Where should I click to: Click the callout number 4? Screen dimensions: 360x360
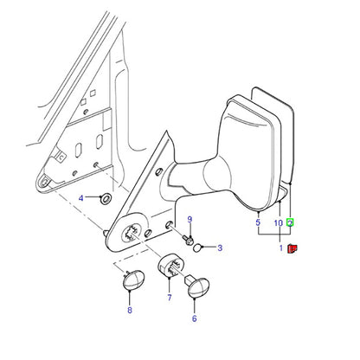[81, 198]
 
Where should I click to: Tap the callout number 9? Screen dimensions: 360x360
[190, 220]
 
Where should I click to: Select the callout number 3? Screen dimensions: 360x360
[220, 247]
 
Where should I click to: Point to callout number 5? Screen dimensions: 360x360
[258, 222]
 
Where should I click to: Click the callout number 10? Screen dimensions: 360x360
[279, 223]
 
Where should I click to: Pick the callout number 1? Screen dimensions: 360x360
[281, 247]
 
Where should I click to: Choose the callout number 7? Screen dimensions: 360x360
[170, 298]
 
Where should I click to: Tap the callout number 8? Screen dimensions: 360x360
[130, 310]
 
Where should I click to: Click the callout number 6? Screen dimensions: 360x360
[195, 318]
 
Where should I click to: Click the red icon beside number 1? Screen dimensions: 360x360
[292, 248]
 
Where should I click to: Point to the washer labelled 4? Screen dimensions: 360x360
[106, 198]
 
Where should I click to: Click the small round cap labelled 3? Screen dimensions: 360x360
[197, 247]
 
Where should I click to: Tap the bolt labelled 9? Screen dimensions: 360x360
[188, 240]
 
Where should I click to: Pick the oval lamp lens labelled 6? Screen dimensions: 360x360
[198, 287]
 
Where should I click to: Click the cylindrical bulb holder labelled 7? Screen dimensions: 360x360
[170, 266]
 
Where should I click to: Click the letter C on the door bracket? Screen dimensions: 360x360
[61, 157]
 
